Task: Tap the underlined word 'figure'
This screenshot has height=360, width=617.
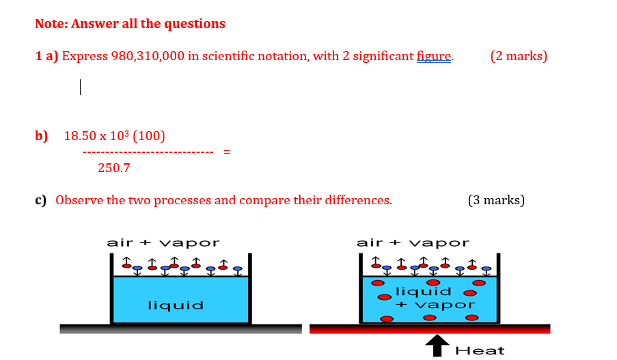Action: tap(434, 56)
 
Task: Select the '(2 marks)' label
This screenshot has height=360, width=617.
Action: tap(519, 56)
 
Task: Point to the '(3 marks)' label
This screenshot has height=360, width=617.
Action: tap(496, 200)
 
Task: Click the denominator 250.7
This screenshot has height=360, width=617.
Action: tap(113, 167)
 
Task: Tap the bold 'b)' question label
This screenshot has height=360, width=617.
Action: tap(42, 136)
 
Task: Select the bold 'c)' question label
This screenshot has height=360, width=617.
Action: tap(41, 200)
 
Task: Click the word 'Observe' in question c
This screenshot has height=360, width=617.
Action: tap(80, 200)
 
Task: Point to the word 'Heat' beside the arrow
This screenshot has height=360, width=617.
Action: tap(480, 350)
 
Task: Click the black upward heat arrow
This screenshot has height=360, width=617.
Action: tap(437, 345)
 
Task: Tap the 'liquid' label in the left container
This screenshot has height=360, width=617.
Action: tap(176, 305)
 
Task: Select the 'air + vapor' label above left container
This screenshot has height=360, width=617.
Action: tap(163, 243)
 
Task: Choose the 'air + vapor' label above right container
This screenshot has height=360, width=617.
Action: tap(413, 243)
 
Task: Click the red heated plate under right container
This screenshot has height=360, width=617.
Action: tap(429, 329)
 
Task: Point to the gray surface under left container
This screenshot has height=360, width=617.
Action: tap(180, 329)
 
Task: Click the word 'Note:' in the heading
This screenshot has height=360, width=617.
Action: tap(51, 24)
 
